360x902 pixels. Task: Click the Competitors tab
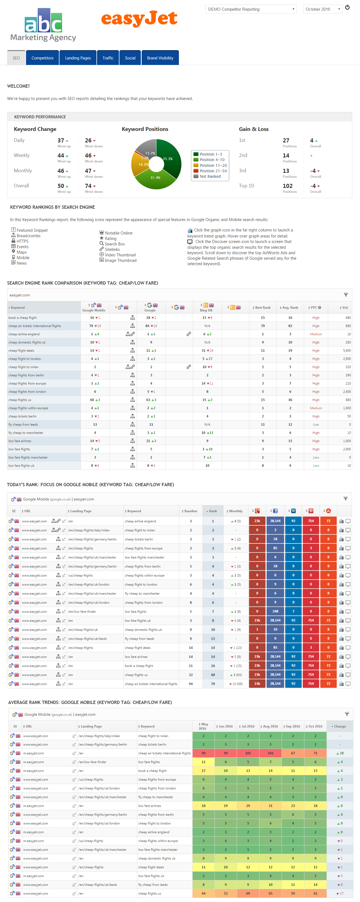[42, 58]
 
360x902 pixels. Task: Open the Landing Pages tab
[78, 58]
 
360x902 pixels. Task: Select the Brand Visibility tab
[160, 58]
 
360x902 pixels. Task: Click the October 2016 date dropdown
[322, 9]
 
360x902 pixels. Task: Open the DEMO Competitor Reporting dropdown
[251, 9]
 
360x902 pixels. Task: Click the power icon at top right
[347, 7]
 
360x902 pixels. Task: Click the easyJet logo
[139, 18]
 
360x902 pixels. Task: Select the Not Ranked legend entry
[210, 176]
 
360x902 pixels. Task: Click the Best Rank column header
[262, 307]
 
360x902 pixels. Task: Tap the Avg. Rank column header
[290, 307]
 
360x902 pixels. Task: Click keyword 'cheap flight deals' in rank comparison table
[21, 351]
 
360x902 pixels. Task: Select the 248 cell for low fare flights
[275, 611]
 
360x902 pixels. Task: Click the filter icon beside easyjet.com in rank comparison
[346, 295]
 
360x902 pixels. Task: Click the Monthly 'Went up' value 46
[61, 171]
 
